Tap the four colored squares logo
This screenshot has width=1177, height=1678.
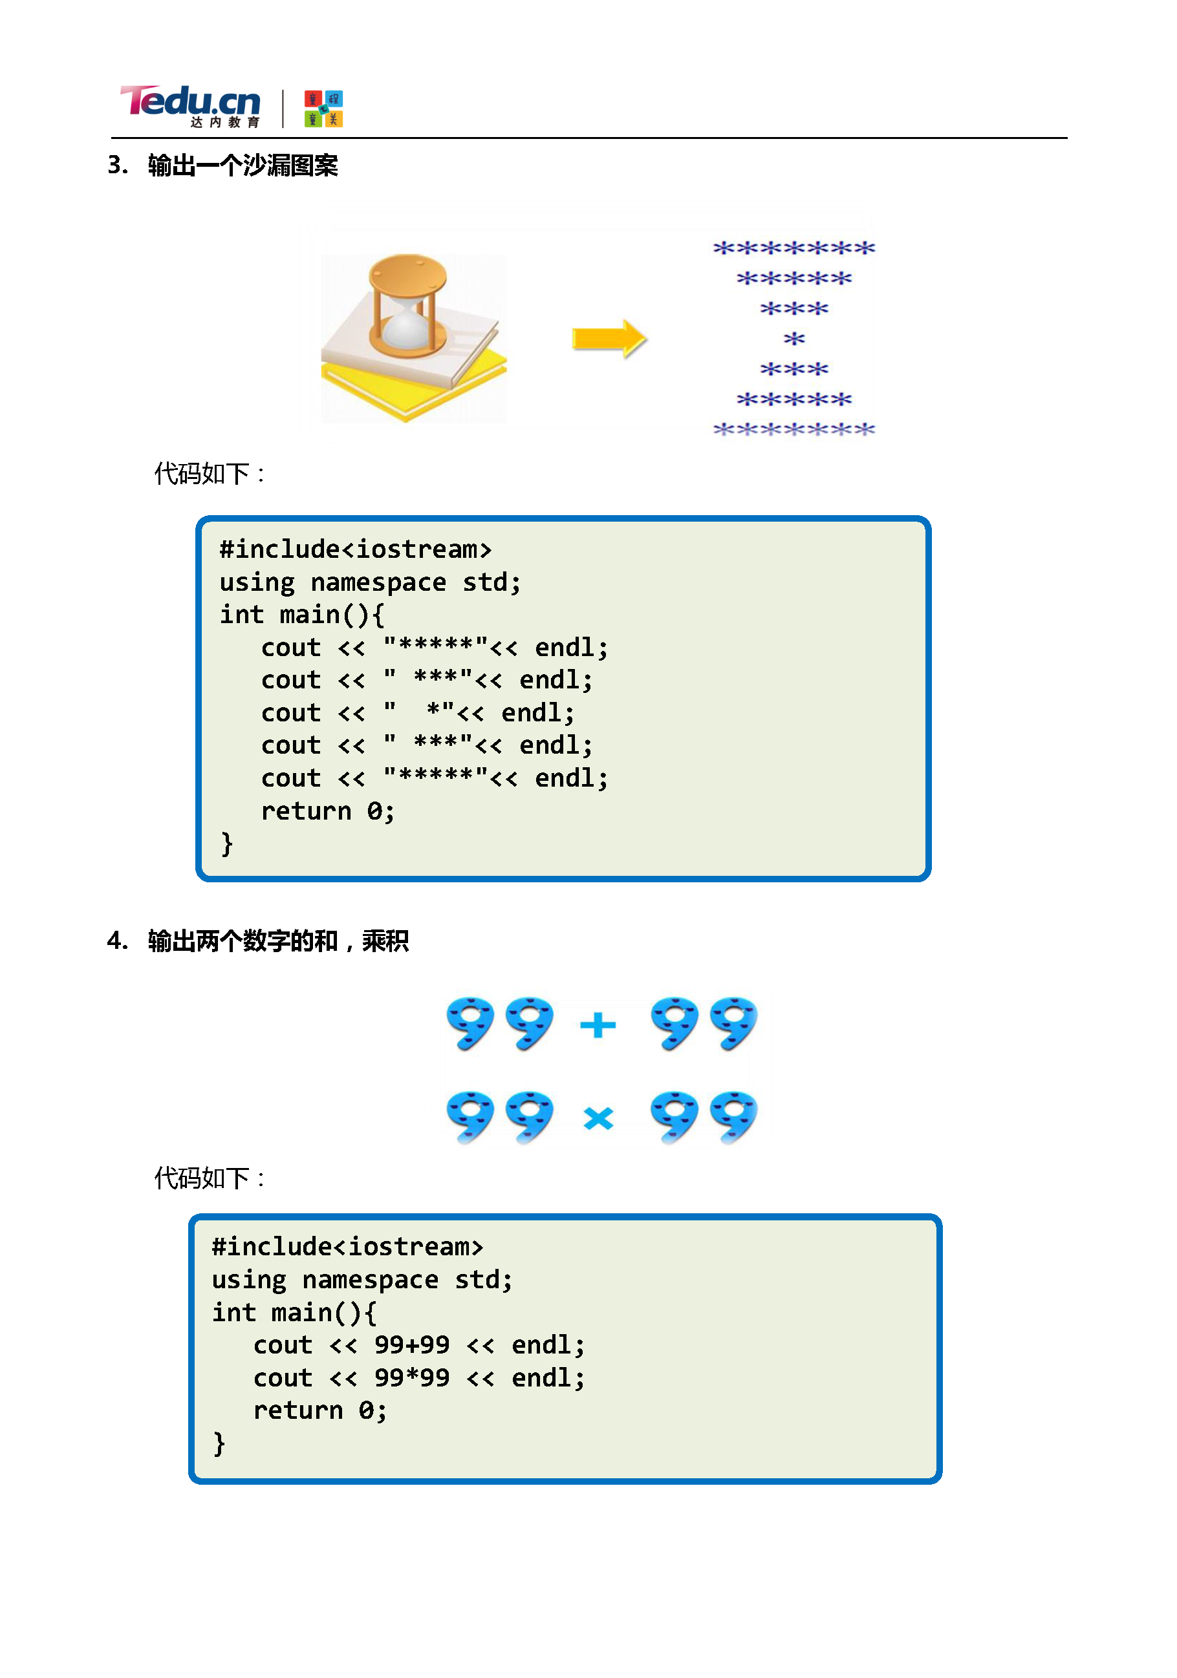(x=323, y=109)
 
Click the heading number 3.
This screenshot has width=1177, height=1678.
(x=116, y=165)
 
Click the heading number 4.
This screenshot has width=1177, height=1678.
(x=116, y=940)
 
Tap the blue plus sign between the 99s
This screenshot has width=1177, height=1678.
(x=598, y=1025)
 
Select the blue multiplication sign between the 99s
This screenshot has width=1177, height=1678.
(x=598, y=1118)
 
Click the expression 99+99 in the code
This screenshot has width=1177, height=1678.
(x=411, y=1344)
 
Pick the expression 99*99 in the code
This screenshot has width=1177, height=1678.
(x=411, y=1377)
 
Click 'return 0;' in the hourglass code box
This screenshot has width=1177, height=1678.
(x=327, y=811)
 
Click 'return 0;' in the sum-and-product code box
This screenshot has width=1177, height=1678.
(x=319, y=1410)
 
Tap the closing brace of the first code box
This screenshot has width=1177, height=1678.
(x=226, y=844)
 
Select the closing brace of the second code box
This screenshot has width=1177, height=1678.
(x=219, y=1443)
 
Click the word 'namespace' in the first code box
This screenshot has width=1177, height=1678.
(x=378, y=582)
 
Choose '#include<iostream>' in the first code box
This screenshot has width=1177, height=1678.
(x=355, y=549)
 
